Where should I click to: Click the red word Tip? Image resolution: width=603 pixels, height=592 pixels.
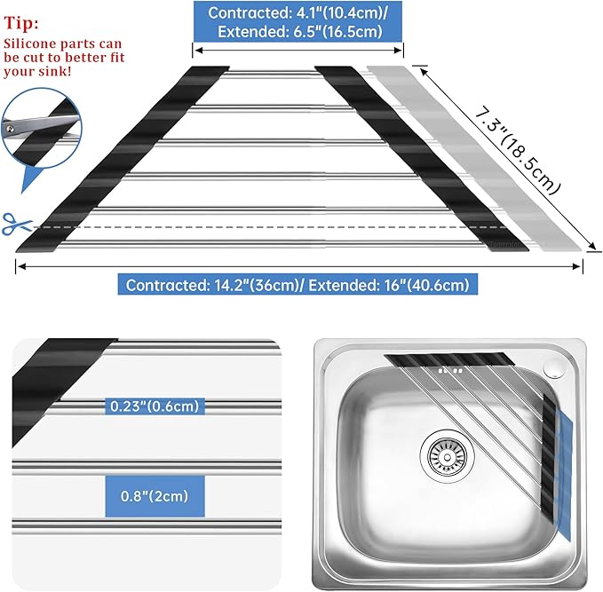(x=21, y=23)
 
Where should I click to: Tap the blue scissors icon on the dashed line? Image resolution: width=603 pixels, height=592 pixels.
(x=17, y=224)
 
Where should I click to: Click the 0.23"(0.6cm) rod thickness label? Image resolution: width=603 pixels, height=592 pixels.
(x=155, y=407)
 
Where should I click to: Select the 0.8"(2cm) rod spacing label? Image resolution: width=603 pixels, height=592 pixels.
(x=155, y=496)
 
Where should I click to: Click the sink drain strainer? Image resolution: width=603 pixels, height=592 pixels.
(x=448, y=457)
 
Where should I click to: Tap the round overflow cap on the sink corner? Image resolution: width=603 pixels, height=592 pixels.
(x=554, y=368)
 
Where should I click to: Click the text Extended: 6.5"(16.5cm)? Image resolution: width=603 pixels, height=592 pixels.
(x=300, y=32)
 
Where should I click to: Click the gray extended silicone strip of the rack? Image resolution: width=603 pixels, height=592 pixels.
(x=474, y=158)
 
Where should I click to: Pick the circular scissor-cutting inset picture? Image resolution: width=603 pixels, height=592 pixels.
(x=42, y=128)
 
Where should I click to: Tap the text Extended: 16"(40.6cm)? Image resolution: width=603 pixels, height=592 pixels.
(x=389, y=285)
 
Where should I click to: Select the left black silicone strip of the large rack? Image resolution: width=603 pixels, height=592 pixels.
(x=123, y=159)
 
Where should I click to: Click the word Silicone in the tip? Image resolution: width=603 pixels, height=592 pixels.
(x=28, y=43)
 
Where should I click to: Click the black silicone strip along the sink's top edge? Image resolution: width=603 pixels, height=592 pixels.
(x=450, y=359)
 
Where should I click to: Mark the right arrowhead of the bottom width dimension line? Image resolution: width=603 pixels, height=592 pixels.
(x=577, y=266)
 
